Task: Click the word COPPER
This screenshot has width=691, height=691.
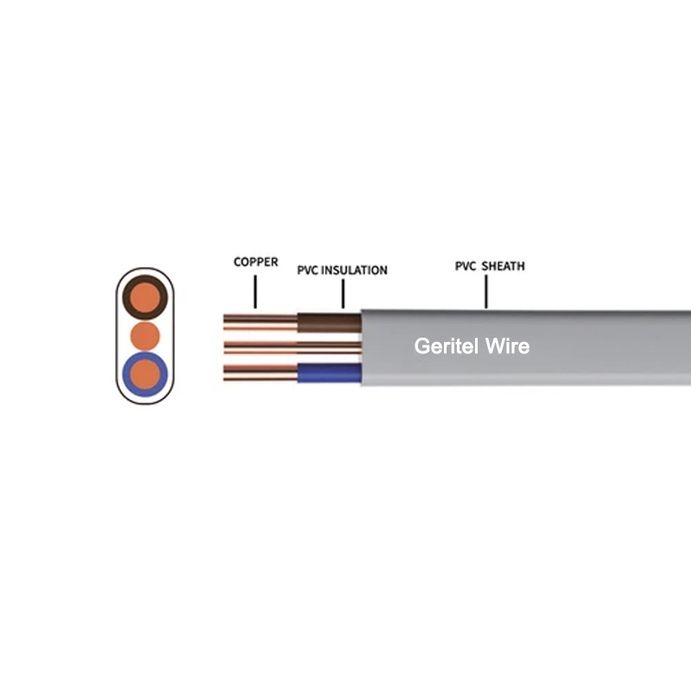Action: point(256,262)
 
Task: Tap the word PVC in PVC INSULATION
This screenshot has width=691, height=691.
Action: point(307,270)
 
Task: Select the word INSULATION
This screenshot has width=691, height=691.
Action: point(354,270)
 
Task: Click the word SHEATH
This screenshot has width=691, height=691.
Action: point(503,266)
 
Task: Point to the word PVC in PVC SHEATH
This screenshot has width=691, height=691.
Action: point(466,266)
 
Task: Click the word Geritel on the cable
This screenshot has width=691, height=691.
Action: point(446,346)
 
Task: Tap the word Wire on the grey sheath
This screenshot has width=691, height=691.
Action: point(507,346)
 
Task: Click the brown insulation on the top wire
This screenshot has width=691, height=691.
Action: point(329,323)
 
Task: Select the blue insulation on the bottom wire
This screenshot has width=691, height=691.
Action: point(329,373)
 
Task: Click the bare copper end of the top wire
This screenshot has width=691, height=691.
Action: point(261,322)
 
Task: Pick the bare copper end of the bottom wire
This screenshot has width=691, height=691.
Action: point(261,373)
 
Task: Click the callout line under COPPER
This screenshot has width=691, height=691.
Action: point(255,292)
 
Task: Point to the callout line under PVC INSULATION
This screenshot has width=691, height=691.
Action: point(343,294)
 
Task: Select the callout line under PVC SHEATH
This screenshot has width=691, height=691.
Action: point(486,291)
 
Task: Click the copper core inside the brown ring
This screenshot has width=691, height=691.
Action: point(145,297)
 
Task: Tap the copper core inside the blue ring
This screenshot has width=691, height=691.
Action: point(145,374)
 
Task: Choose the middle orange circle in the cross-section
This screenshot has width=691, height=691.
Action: point(145,336)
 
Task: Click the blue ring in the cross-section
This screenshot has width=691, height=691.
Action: point(126,374)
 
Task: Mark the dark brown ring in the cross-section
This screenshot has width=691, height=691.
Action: point(126,297)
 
